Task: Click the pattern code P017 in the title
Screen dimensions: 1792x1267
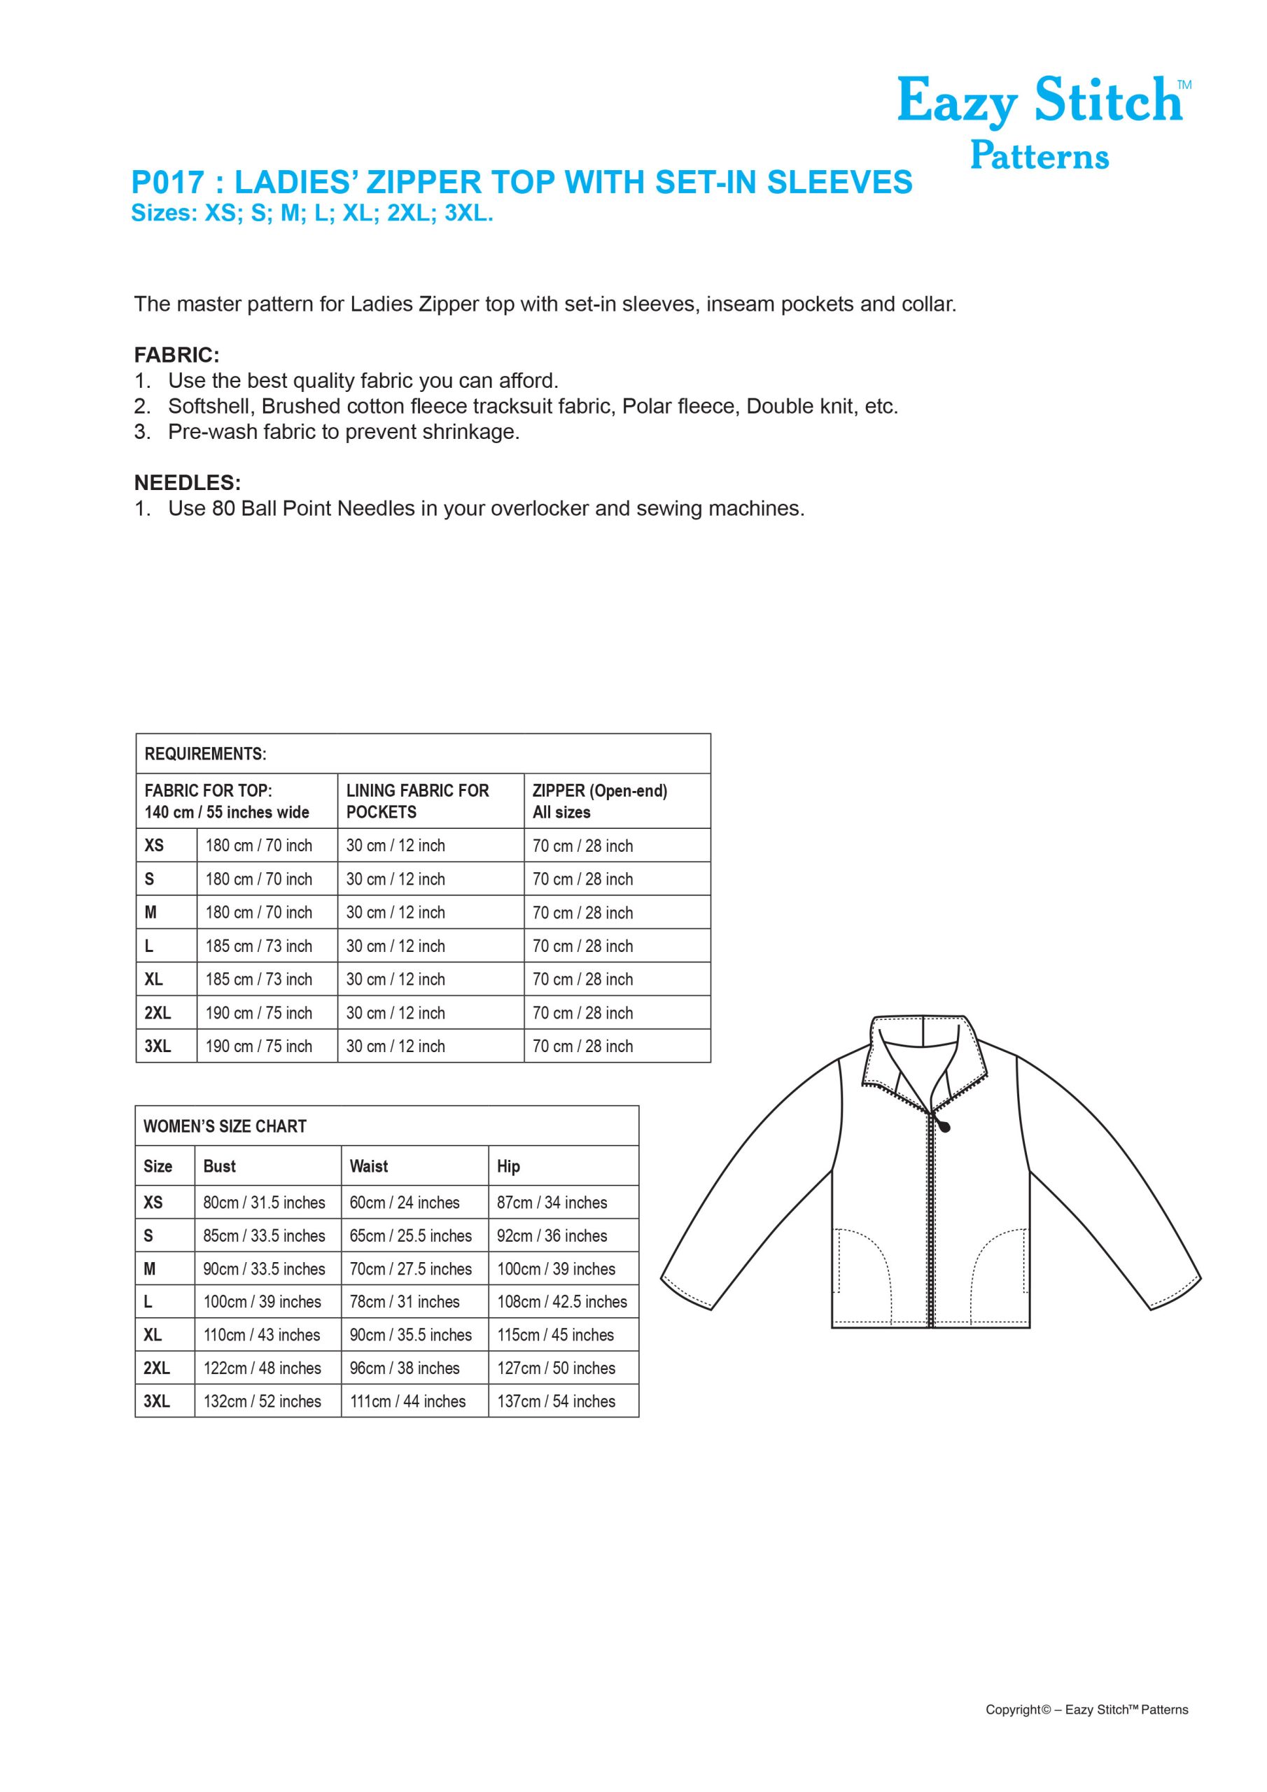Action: pyautogui.click(x=168, y=183)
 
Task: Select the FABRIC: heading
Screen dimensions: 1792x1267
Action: pyautogui.click(x=176, y=355)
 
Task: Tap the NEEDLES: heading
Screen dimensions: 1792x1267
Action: pyautogui.click(x=188, y=482)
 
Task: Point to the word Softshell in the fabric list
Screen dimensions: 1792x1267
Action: pyautogui.click(x=210, y=407)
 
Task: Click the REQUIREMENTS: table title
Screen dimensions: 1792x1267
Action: pyautogui.click(x=205, y=754)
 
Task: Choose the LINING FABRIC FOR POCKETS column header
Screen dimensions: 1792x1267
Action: pyautogui.click(x=418, y=801)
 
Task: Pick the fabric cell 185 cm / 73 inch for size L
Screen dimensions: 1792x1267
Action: pyautogui.click(x=258, y=946)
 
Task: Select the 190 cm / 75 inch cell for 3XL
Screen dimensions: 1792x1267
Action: pyautogui.click(x=258, y=1046)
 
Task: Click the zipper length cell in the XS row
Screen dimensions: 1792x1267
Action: pyautogui.click(x=582, y=846)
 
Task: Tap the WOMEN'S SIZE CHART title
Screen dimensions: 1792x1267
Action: pyautogui.click(x=225, y=1126)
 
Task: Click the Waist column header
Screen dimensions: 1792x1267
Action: pyautogui.click(x=368, y=1166)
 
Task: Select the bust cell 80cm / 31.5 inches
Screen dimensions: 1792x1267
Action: pyautogui.click(x=264, y=1203)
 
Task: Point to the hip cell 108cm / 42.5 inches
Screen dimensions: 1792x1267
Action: pyautogui.click(x=562, y=1302)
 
